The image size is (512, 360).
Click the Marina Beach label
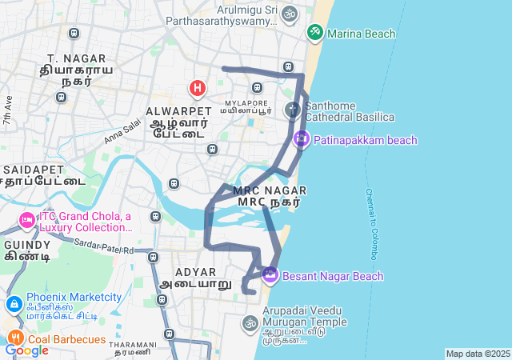coord(362,34)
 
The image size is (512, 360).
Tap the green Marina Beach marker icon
coord(314,33)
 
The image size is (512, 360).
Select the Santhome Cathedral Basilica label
coord(350,111)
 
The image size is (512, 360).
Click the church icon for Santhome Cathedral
coord(293,109)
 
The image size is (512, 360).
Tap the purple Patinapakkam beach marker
coord(301,139)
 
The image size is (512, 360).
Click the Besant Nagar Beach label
coord(333,276)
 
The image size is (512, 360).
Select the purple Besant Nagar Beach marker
coord(270,275)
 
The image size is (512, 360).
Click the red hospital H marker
coord(197,86)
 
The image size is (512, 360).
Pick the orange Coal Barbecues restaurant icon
coord(14,338)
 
